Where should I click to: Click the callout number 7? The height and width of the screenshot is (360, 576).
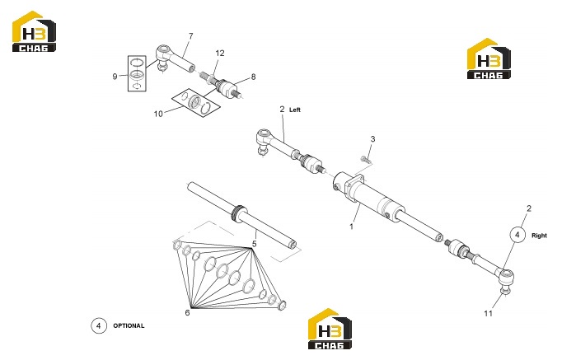190,36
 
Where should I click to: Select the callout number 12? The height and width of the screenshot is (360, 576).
220,54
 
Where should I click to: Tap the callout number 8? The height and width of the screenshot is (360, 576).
253,77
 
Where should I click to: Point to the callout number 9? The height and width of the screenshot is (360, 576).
115,77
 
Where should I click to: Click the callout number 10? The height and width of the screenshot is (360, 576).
158,114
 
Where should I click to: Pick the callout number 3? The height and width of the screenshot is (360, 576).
372,139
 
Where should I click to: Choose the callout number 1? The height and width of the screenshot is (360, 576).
351,227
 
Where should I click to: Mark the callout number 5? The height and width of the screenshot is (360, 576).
254,244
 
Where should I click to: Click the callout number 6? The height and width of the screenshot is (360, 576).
187,312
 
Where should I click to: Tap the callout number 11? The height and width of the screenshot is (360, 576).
488,313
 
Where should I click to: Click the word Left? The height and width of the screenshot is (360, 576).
295,110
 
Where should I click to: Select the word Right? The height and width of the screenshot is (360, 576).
539,236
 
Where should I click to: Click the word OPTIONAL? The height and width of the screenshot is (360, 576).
129,326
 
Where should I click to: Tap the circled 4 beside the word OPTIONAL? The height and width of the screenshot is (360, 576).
99,326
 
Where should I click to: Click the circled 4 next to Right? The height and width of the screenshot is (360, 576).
517,235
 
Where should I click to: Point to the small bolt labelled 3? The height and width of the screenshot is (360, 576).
364,159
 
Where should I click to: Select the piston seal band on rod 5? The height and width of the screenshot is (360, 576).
239,213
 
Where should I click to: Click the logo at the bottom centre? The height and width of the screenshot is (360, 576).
330,329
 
